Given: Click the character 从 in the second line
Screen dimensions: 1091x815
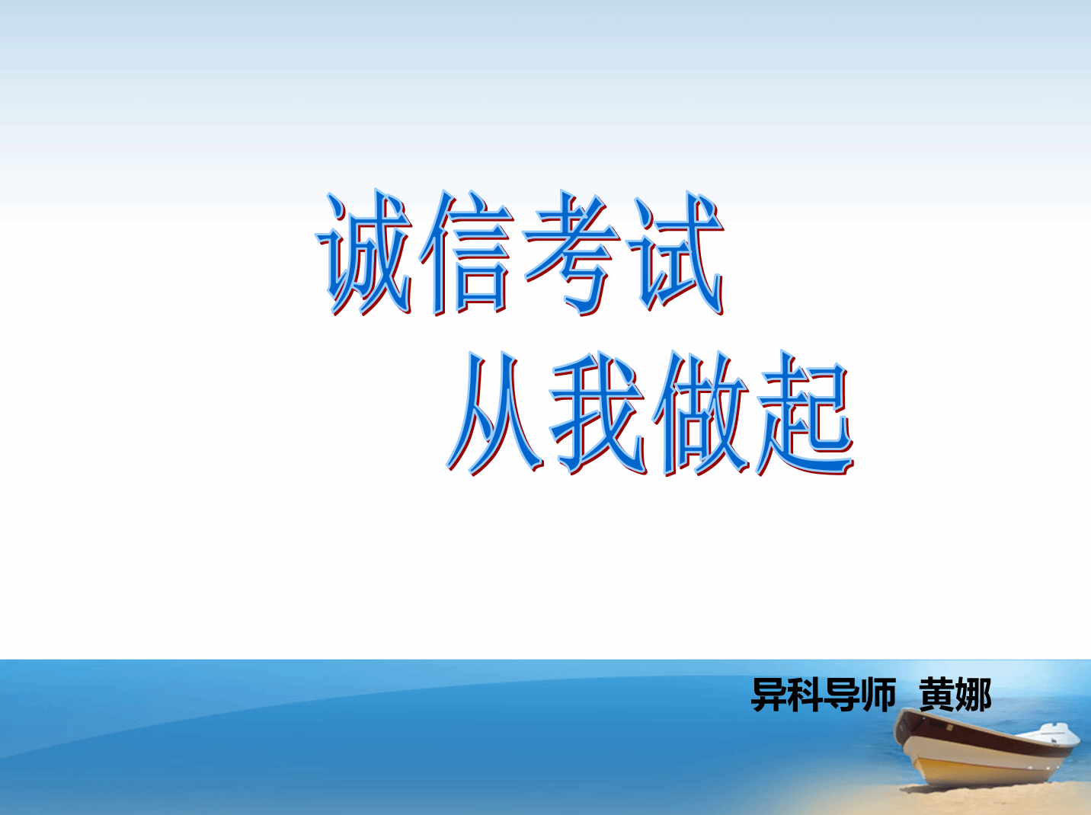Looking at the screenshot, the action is (x=494, y=413).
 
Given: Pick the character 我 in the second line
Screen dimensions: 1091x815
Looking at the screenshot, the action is (x=597, y=413).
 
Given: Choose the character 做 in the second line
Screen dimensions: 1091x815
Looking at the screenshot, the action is (x=701, y=413).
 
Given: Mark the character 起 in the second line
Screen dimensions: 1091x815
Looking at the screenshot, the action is (x=805, y=413).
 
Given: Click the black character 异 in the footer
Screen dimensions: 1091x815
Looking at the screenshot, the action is (x=769, y=694).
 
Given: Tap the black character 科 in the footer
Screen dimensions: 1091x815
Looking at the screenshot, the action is (x=805, y=694).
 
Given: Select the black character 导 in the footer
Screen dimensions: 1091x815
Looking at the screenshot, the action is (x=840, y=694).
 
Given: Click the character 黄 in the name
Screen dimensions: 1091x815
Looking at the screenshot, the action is (x=937, y=694).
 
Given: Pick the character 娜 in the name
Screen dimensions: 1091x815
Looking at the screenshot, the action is (x=973, y=694).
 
